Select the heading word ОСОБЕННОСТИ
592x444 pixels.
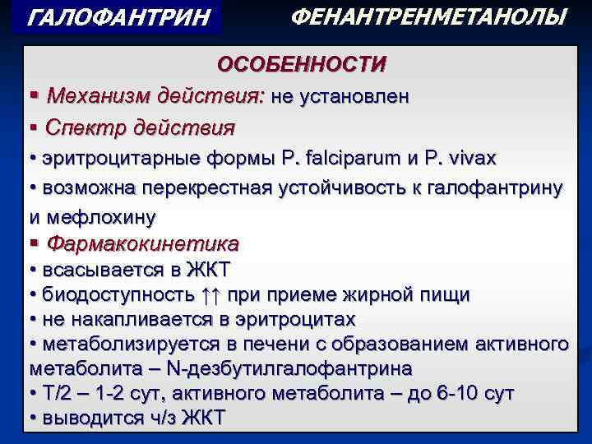pos(301,64)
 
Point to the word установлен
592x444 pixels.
pos(354,96)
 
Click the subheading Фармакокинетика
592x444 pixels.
pos(143,244)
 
